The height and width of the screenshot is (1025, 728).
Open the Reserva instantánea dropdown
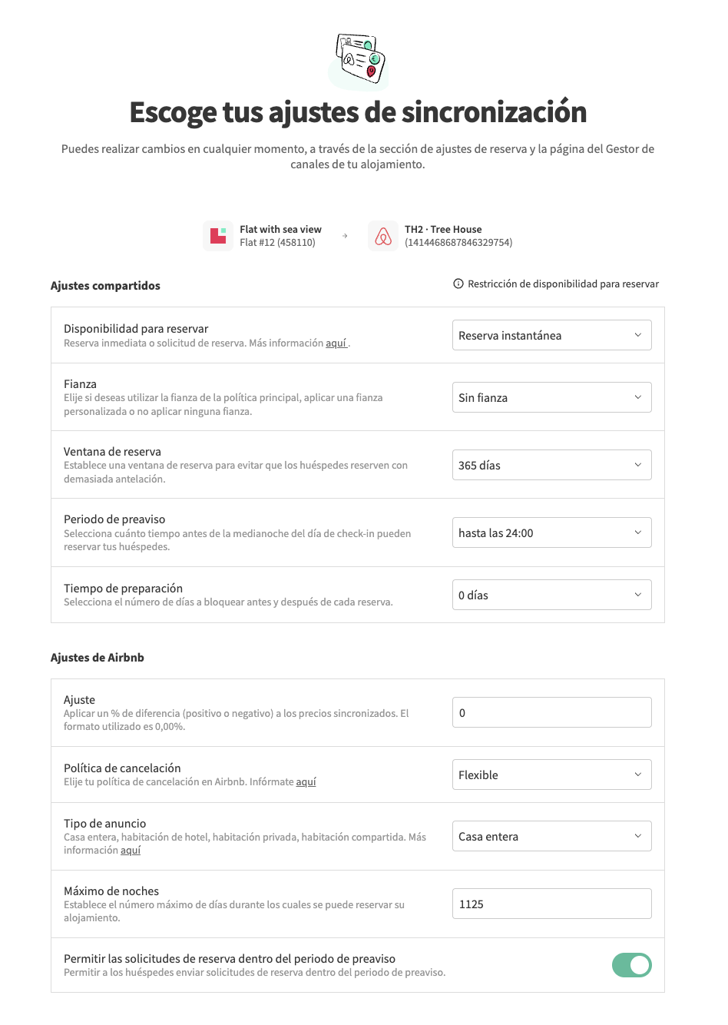(551, 335)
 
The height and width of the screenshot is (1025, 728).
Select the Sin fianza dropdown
(551, 397)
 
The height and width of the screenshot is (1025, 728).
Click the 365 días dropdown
(551, 465)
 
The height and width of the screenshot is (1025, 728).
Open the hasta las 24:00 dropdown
(551, 532)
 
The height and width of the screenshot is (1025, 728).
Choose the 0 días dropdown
(551, 595)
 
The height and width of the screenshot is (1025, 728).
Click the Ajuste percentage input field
(551, 712)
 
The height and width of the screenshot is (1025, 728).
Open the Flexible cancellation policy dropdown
(551, 775)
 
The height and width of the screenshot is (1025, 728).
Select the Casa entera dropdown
(551, 836)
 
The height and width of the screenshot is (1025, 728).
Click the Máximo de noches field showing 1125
(551, 904)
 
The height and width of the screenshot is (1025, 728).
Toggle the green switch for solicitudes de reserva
(631, 965)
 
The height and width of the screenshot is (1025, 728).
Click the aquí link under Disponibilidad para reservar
(336, 343)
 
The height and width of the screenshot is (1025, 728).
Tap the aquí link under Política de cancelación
(306, 782)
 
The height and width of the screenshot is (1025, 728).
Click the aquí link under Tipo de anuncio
(131, 851)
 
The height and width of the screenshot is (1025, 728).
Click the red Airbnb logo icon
(383, 236)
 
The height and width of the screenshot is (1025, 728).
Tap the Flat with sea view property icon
(218, 236)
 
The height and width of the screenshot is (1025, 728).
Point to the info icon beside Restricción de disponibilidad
(458, 284)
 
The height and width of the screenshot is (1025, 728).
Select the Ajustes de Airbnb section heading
(98, 658)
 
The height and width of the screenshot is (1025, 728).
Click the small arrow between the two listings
(345, 236)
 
